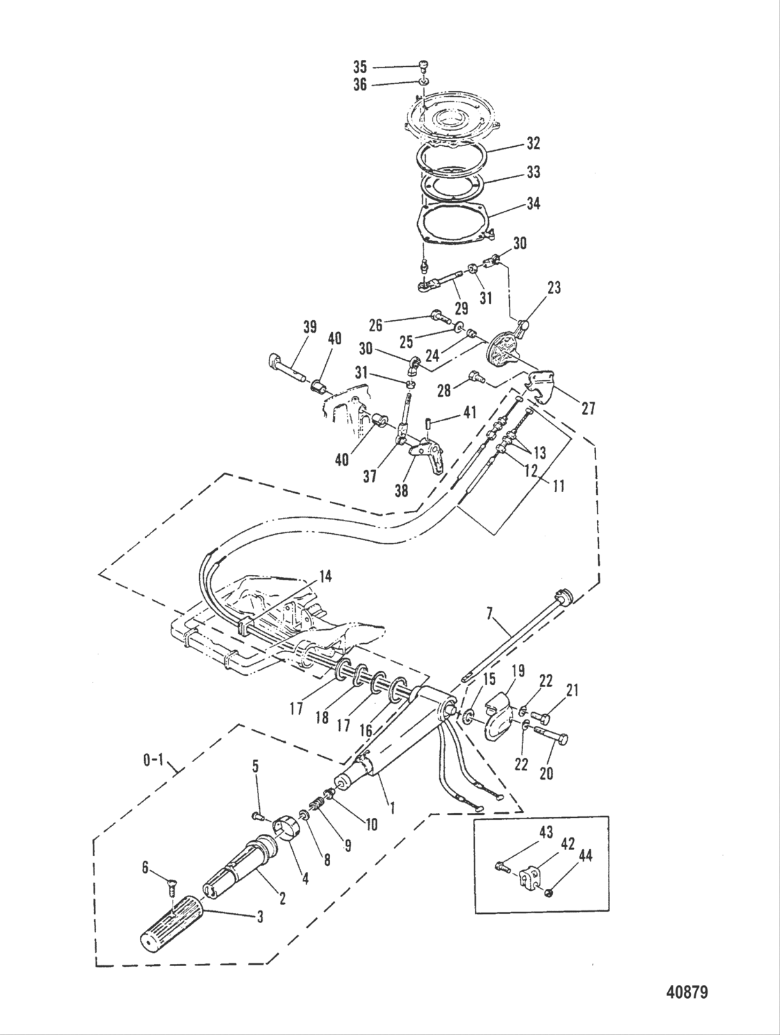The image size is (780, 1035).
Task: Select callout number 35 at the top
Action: point(359,67)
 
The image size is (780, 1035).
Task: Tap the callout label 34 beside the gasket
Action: point(532,204)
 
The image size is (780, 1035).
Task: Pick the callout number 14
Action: point(325,576)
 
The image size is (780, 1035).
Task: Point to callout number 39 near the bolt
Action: point(309,327)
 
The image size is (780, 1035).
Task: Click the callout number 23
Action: point(554,287)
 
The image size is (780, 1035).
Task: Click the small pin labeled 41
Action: point(430,424)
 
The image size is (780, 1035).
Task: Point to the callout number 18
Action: point(321,718)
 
